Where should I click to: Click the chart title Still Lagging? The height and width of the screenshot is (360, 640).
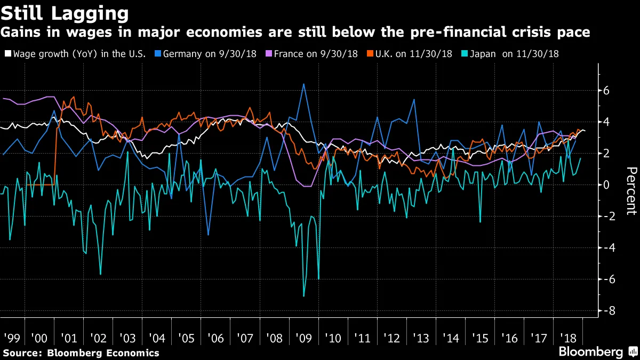(65, 12)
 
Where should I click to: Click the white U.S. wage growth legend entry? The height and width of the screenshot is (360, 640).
(75, 54)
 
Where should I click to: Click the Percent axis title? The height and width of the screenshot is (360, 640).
(630, 190)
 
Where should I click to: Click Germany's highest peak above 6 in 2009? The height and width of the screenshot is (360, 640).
(303, 84)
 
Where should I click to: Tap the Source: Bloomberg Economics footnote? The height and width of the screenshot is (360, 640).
(81, 353)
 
